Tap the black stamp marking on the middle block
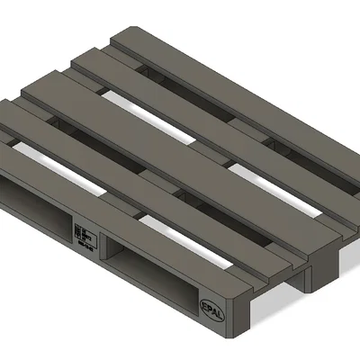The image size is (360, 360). point(86,232)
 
